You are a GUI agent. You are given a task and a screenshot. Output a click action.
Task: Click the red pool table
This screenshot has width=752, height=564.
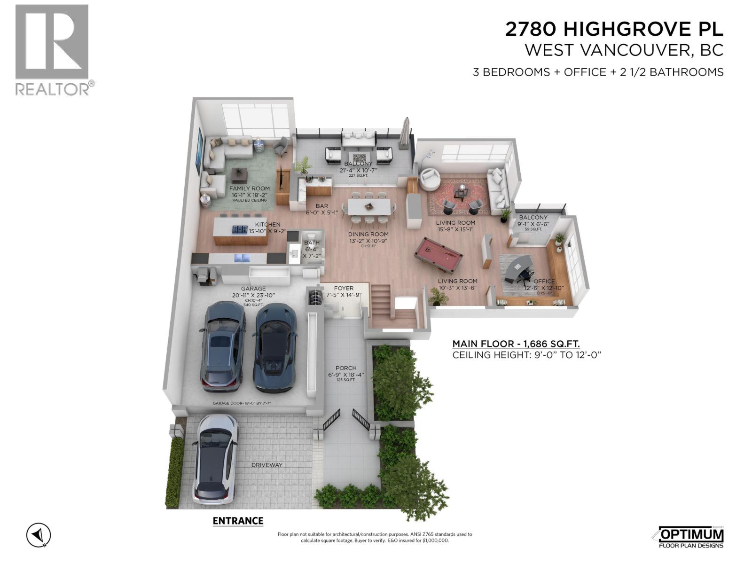pos(439,254)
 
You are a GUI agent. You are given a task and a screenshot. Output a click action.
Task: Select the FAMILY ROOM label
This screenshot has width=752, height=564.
pos(250,188)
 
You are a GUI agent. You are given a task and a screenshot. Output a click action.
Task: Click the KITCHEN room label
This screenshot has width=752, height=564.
pos(267,225)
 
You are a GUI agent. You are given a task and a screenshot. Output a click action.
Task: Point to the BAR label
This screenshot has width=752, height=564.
pos(322,206)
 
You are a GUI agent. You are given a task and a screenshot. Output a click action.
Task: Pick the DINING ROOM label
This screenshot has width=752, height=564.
pos(368,234)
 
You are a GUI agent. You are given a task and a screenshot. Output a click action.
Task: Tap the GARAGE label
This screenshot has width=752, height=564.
pos(253,289)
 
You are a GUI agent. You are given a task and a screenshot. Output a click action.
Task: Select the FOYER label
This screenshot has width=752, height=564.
pos(344,288)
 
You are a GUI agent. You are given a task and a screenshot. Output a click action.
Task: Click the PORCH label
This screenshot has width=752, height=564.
pos(346,368)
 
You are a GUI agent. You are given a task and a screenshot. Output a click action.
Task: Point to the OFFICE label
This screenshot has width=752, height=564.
pos(544,281)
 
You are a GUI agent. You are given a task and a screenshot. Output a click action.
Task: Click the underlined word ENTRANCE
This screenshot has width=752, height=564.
pos(238,521)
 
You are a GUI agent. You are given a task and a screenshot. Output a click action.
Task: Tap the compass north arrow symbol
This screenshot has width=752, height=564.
pos(39,535)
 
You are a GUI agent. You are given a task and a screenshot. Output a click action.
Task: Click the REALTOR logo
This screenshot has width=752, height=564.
pos(52,49)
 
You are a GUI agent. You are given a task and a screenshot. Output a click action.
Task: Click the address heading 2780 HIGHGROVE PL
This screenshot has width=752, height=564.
pos(614,30)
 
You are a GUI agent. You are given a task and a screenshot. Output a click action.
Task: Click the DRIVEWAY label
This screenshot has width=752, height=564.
pos(267,465)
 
